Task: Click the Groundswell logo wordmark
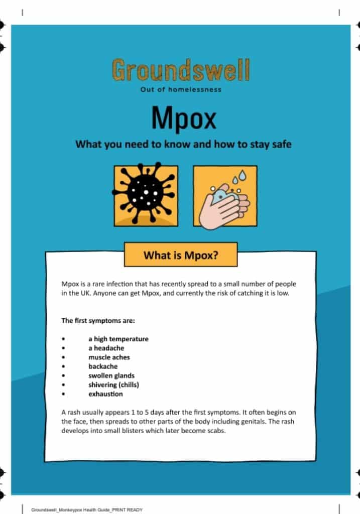180,70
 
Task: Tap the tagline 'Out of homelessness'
180,90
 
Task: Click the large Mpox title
183,118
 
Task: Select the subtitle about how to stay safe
183,145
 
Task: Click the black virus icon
145,195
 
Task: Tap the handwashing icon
224,196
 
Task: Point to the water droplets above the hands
236,178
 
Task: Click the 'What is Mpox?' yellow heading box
180,255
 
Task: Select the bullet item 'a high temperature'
118,339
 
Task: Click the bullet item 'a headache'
106,348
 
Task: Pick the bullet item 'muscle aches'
109,357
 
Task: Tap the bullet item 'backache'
103,366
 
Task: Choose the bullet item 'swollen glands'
111,375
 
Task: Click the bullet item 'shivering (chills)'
113,385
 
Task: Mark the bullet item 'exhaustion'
105,394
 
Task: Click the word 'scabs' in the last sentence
212,431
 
